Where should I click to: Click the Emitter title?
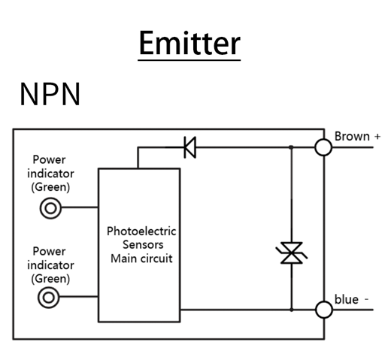pyautogui.click(x=189, y=43)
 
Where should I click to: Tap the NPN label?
pyautogui.click(x=50, y=94)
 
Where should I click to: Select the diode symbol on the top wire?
pyautogui.click(x=190, y=147)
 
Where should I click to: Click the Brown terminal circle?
pyautogui.click(x=323, y=147)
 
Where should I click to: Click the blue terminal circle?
pyautogui.click(x=324, y=310)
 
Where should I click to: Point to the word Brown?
pyautogui.click(x=352, y=137)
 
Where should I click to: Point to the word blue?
pyautogui.click(x=347, y=299)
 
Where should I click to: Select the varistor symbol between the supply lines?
pyautogui.click(x=292, y=253)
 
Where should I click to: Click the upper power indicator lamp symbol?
pyautogui.click(x=50, y=208)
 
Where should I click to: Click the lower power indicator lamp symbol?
pyautogui.click(x=49, y=298)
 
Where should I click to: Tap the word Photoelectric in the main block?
pyautogui.click(x=141, y=231)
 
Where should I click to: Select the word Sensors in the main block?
pyautogui.click(x=143, y=244)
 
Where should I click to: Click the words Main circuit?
pyautogui.click(x=141, y=259)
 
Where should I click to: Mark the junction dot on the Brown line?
pyautogui.click(x=291, y=147)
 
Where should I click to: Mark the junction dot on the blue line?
pyautogui.click(x=292, y=310)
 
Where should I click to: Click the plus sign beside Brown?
pyautogui.click(x=377, y=137)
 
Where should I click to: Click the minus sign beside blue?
pyautogui.click(x=366, y=299)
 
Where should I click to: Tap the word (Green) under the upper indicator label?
pyautogui.click(x=50, y=187)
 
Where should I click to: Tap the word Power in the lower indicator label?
pyautogui.click(x=49, y=251)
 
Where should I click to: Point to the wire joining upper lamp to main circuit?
pyautogui.click(x=80, y=207)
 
